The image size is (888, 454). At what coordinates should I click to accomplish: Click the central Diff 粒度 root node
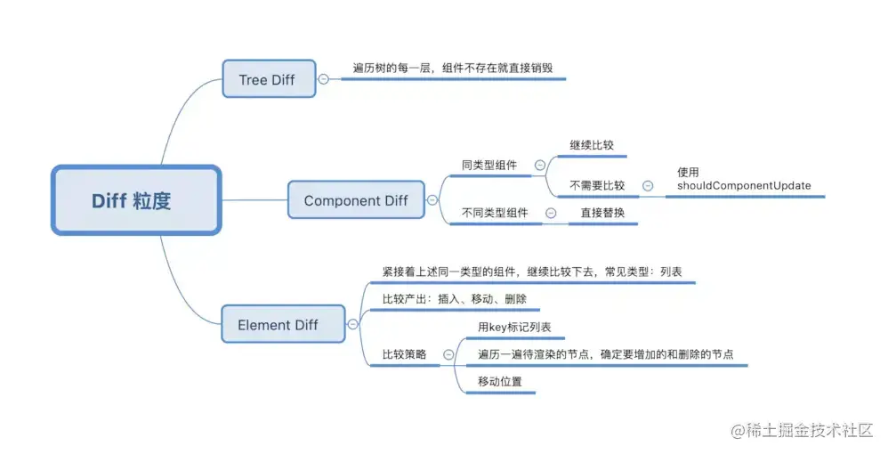[x=135, y=200]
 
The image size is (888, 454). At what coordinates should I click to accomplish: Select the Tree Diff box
[x=268, y=79]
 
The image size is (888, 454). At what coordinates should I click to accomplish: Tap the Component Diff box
[x=356, y=200]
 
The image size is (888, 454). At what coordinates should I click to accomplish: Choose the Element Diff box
[x=278, y=325]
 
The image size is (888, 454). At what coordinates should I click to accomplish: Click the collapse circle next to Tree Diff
[x=323, y=79]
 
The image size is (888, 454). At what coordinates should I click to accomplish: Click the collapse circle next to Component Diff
[x=432, y=200]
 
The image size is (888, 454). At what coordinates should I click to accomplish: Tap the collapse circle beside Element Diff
[x=353, y=325]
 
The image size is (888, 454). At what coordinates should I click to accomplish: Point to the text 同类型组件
[x=489, y=165]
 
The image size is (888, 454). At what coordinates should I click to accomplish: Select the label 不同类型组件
[x=495, y=213]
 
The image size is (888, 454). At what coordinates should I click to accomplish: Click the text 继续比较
[x=592, y=143]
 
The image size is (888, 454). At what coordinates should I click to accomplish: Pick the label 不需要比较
[x=597, y=186]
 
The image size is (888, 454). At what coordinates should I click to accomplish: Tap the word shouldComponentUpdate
[x=744, y=186]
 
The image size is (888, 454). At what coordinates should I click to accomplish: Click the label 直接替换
[x=602, y=213]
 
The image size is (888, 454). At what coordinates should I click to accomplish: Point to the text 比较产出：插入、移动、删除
[x=455, y=299]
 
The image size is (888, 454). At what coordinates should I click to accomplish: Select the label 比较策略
[x=405, y=354]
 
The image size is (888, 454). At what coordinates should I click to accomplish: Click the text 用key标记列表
[x=514, y=328]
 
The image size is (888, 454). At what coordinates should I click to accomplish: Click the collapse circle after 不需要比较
[x=648, y=186]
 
